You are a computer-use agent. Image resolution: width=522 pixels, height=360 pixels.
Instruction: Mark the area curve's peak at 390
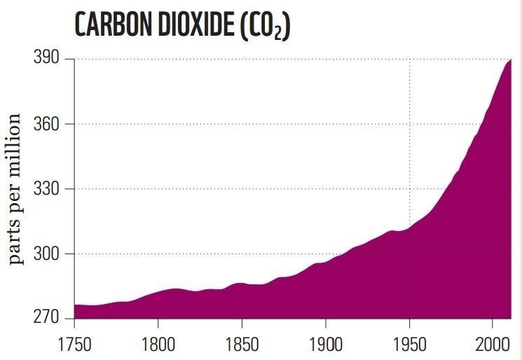click(511, 60)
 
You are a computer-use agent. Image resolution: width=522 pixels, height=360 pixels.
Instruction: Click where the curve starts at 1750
click(74, 305)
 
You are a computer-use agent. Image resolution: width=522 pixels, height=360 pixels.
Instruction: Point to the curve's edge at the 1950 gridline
click(409, 228)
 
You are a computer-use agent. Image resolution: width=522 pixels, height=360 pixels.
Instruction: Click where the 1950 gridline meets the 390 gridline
click(409, 59)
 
